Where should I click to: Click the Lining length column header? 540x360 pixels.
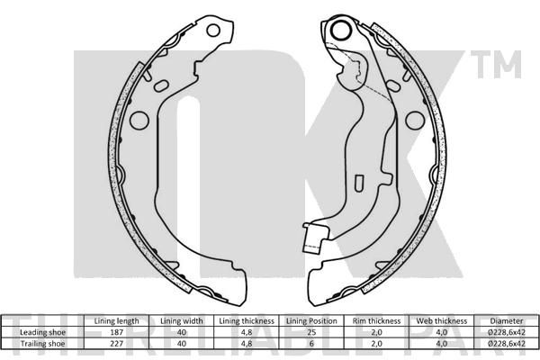click(x=116, y=321)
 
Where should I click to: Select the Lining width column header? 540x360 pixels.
click(x=182, y=321)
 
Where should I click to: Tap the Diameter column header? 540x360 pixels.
click(x=506, y=321)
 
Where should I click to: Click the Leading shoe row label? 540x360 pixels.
click(x=42, y=332)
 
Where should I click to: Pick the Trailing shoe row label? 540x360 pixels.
click(x=42, y=344)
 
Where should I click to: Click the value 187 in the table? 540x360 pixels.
click(x=116, y=332)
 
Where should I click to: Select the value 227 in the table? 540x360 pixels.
click(x=116, y=344)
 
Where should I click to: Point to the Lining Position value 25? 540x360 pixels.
click(x=311, y=332)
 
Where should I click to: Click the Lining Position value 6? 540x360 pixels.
click(x=311, y=344)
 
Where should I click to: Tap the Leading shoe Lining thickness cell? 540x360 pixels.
click(x=247, y=332)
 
